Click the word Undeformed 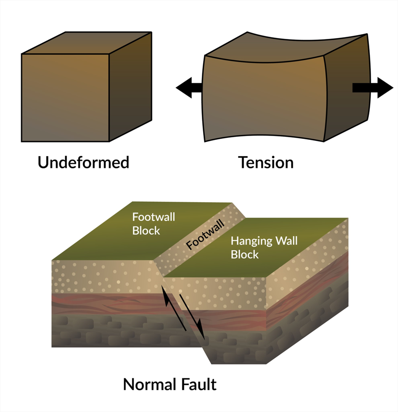(83, 162)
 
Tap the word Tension (266, 162)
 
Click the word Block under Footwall (146, 231)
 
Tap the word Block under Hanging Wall (244, 255)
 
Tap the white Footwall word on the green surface (154, 217)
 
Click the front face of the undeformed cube (65, 97)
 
